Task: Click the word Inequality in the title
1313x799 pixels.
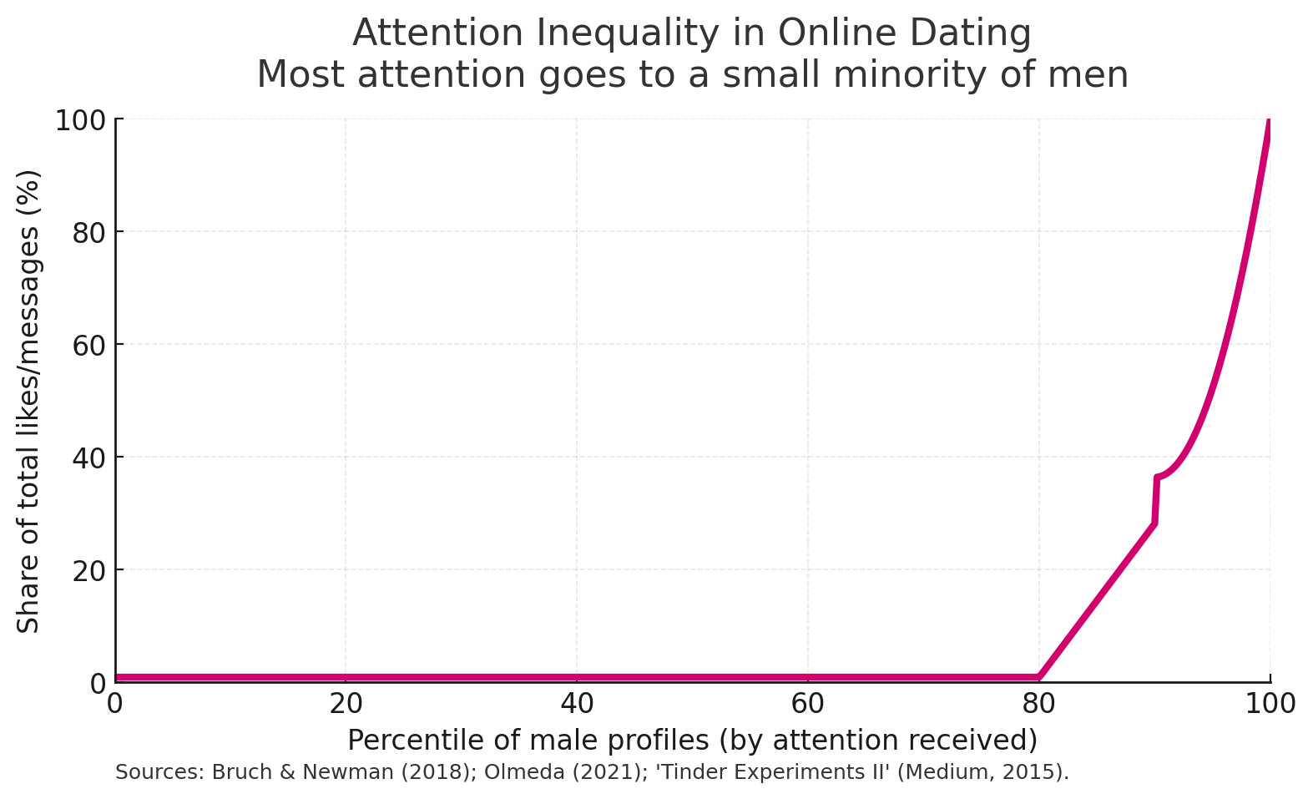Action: pos(628,34)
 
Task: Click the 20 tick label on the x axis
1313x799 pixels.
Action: pos(346,705)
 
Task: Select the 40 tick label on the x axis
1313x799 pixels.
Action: pos(577,705)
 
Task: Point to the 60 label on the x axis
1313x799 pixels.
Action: pos(807,705)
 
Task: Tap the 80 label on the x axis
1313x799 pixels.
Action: pos(1038,705)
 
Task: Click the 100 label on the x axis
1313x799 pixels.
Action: pos(1270,705)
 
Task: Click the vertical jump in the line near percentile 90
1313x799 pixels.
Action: pos(1155,501)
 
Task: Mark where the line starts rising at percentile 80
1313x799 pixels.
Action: pos(1039,676)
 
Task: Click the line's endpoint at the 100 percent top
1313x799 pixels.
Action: pos(1270,122)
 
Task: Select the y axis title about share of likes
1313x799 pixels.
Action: pos(28,401)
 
